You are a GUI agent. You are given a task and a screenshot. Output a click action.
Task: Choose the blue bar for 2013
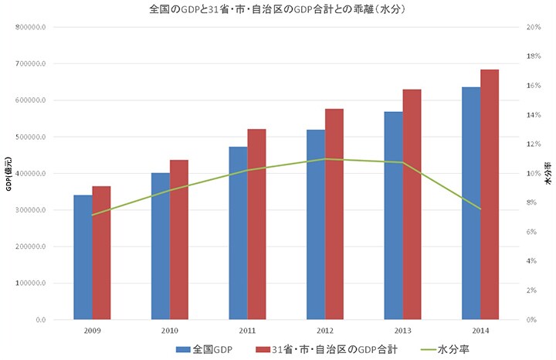393,216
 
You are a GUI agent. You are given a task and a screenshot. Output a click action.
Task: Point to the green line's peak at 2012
325,159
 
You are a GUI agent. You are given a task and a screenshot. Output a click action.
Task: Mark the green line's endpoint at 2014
480,209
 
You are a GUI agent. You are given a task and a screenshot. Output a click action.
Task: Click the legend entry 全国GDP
205,349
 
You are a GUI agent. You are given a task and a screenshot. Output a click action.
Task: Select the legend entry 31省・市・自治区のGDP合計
327,349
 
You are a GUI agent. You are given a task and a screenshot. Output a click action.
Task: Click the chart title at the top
278,10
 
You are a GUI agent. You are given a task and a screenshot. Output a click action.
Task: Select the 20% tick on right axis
532,28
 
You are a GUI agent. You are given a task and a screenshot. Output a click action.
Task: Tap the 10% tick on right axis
532,174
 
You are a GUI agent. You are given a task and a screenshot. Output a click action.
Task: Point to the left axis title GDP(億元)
8,174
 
